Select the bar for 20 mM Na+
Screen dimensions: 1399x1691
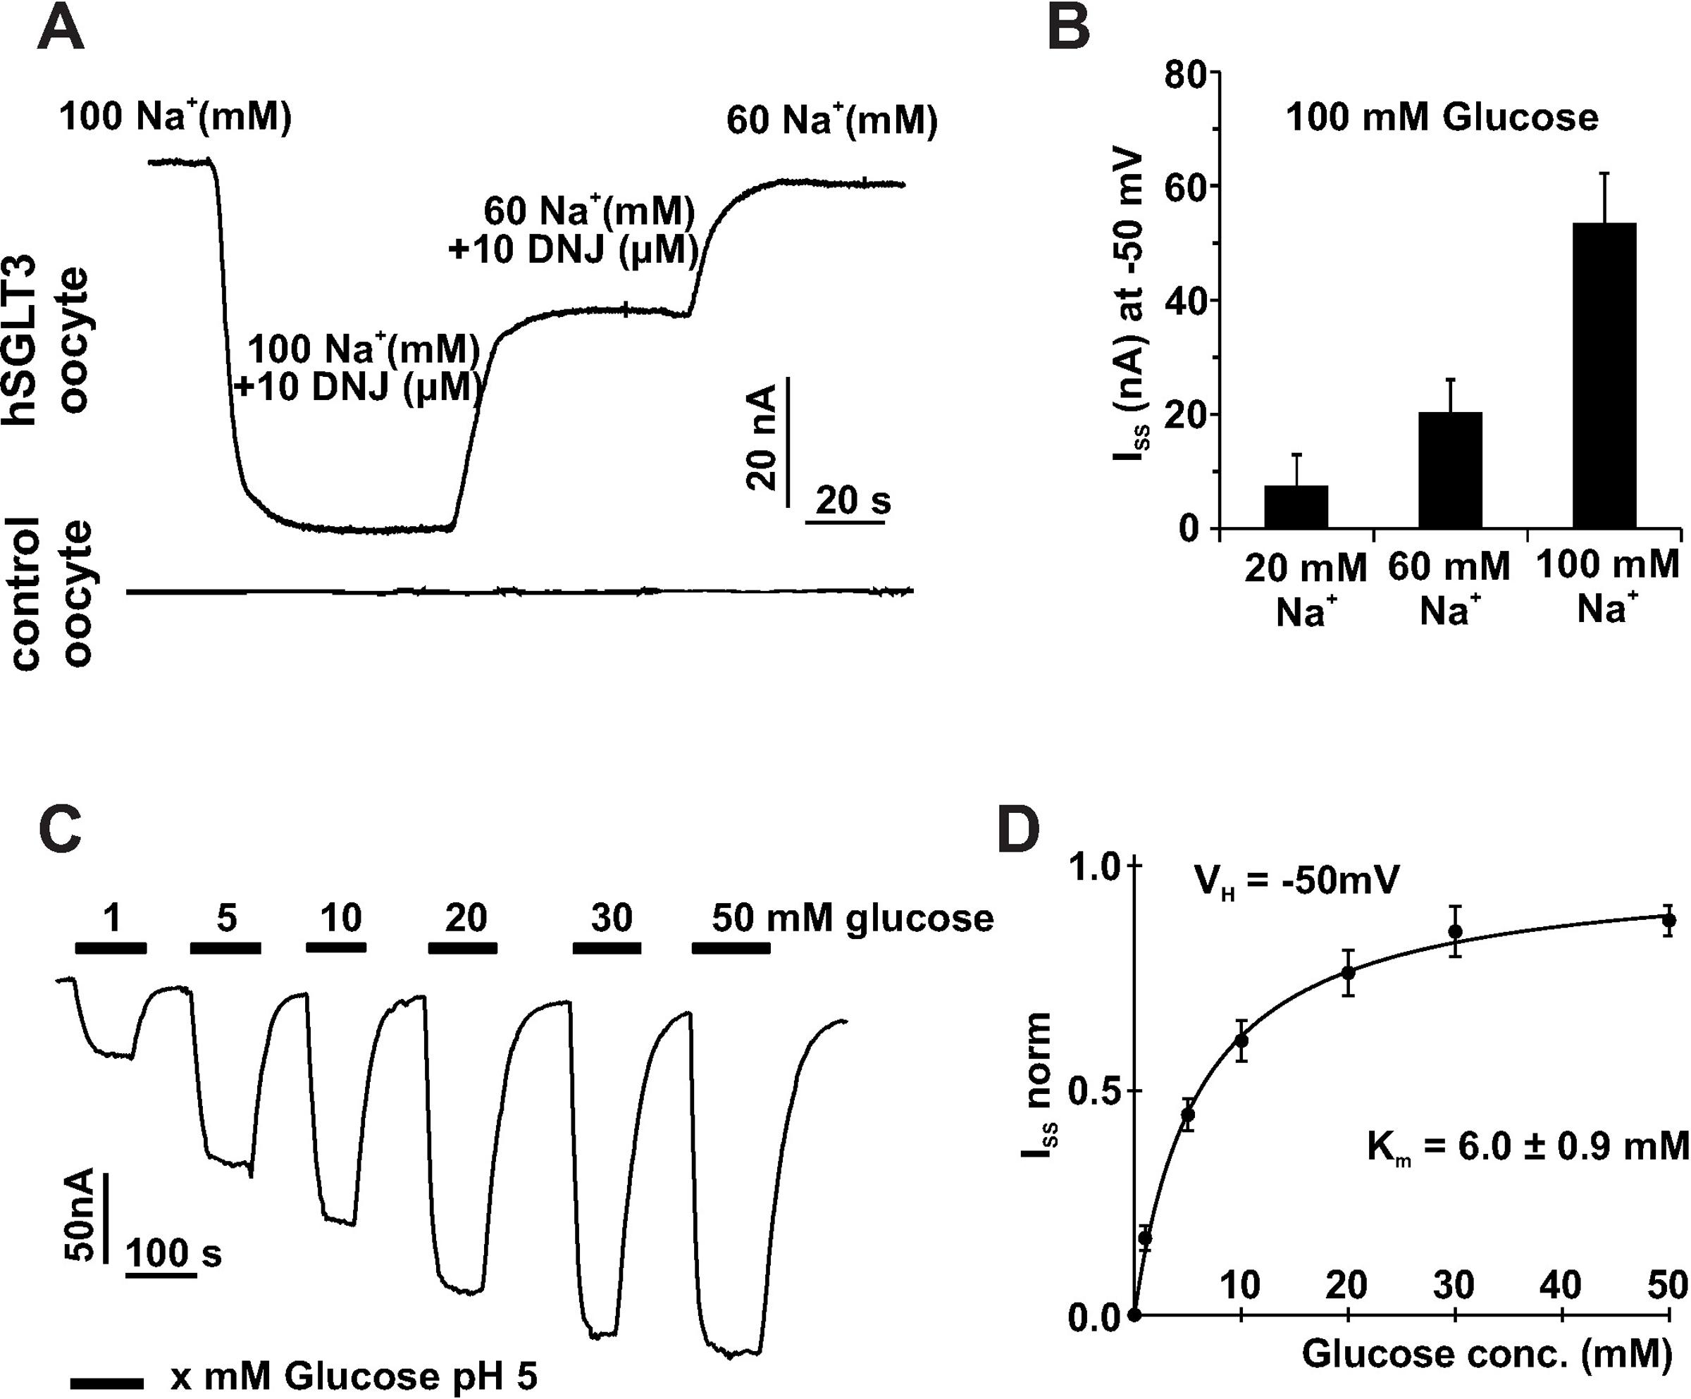[x=1296, y=506]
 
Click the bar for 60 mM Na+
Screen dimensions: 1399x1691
[x=1450, y=470]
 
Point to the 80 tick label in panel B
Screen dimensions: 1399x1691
[x=1185, y=73]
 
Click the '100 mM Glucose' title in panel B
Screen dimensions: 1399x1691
[x=1442, y=118]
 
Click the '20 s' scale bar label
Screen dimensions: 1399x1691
[x=853, y=501]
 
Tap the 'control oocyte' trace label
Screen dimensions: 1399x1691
[x=53, y=593]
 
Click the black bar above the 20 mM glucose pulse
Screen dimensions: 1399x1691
[x=462, y=948]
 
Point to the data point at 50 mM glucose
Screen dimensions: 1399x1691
[x=1668, y=920]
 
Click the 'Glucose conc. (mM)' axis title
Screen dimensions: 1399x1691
[x=1487, y=1354]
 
